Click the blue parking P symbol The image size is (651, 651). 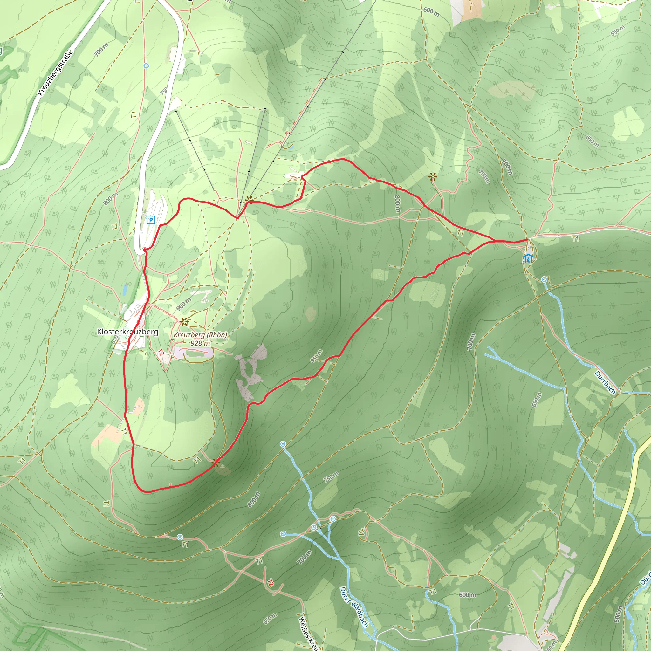(151, 220)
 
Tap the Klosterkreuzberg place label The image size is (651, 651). (127, 332)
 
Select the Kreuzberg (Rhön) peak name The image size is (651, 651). (200, 335)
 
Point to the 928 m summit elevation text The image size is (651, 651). (200, 343)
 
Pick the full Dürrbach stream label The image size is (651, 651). (605, 382)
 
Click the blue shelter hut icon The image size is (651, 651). (528, 258)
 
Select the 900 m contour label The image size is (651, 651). (184, 304)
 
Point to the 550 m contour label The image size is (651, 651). (618, 31)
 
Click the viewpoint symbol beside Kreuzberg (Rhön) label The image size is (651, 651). (184, 321)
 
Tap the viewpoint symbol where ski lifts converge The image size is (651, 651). (249, 200)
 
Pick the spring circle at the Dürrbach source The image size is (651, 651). (544, 279)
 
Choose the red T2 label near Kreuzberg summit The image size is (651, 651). (161, 353)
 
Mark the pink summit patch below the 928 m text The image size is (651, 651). (194, 353)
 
